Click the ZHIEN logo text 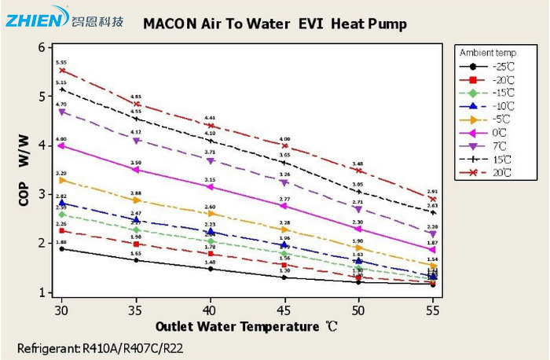[31, 19]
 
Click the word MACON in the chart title [170, 24]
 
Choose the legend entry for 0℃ [500, 132]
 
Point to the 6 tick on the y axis [41, 47]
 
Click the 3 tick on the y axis [41, 194]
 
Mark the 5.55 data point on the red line [61, 70]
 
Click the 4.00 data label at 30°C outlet [61, 139]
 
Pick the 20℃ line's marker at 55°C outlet [433, 199]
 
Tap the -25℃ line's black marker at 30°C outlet [61, 249]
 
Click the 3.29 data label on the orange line [61, 173]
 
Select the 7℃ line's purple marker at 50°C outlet [358, 210]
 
